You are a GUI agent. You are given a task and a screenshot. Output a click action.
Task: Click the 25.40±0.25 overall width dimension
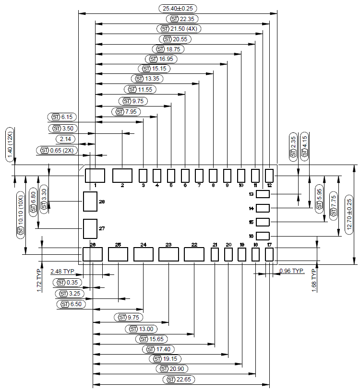[x=178, y=9]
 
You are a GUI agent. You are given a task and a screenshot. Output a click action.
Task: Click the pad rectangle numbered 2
[x=122, y=175]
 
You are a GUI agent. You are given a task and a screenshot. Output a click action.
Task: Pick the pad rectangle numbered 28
[x=90, y=202]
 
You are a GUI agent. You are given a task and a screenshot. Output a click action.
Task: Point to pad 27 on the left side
[x=90, y=228]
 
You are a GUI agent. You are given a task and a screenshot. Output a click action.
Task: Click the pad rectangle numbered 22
[x=194, y=254]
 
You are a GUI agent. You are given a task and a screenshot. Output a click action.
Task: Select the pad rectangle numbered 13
[x=263, y=194]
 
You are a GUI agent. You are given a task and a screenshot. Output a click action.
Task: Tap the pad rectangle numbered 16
[x=263, y=236]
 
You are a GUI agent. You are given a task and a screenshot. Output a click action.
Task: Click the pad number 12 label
[x=269, y=185]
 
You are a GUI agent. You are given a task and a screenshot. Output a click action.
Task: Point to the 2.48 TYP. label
[x=62, y=272]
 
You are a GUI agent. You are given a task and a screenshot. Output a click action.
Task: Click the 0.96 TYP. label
[x=292, y=271]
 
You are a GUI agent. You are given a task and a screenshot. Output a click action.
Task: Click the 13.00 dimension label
[x=142, y=329]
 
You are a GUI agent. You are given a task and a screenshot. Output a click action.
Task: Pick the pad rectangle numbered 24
[x=143, y=254]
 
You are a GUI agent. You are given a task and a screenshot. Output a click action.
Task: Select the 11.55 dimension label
[x=140, y=89]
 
